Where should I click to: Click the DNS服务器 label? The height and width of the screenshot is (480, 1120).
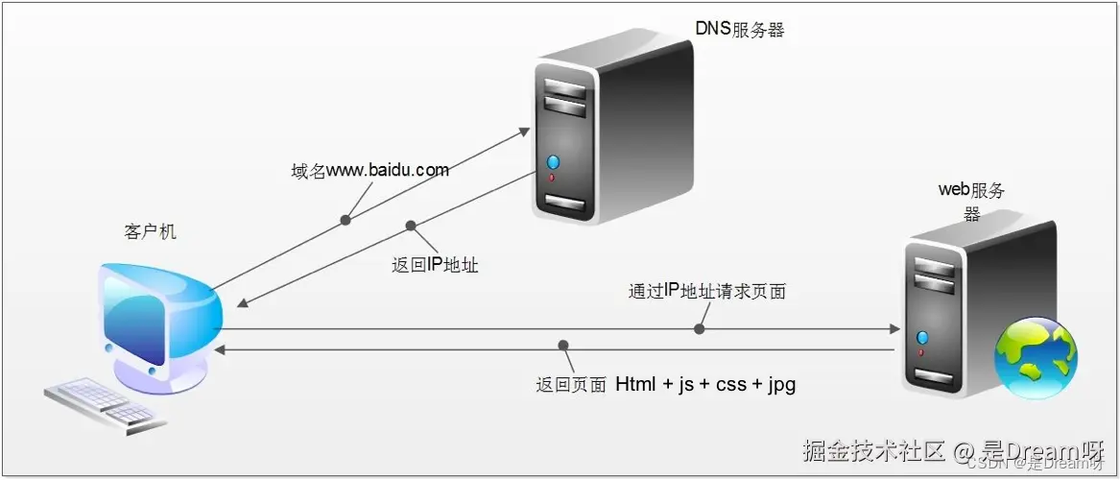[740, 29]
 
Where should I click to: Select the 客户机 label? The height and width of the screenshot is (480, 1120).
[151, 232]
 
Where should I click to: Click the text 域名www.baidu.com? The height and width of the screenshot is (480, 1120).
[370, 171]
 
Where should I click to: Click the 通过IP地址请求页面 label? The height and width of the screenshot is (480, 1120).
[707, 292]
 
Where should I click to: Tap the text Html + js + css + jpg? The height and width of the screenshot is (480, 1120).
[705, 385]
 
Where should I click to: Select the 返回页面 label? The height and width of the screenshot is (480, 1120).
[570, 386]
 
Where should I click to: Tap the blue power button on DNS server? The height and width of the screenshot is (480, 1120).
[552, 161]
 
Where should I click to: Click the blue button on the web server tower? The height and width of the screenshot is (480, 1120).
[923, 337]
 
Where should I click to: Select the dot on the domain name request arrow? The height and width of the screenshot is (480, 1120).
[346, 220]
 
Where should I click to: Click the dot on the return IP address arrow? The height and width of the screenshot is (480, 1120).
[411, 227]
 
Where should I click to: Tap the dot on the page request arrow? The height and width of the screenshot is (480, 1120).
[700, 329]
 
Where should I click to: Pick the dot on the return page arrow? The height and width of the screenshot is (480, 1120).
[563, 345]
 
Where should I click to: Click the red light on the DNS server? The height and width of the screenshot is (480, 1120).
[552, 178]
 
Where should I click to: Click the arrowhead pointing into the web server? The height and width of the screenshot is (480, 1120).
[893, 329]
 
